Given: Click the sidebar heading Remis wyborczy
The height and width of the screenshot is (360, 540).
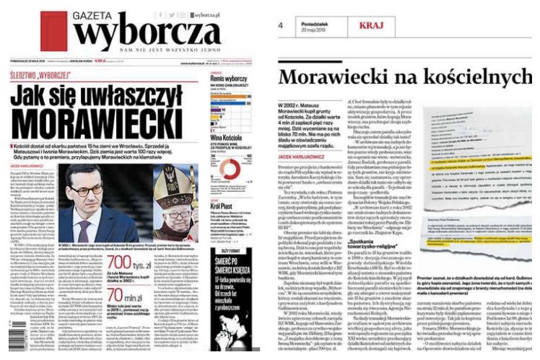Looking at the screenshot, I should pyautogui.click(x=229, y=77).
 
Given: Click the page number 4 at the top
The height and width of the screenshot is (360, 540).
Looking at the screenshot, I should pyautogui.click(x=280, y=26).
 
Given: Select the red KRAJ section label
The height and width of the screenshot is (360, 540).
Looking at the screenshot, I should pyautogui.click(x=374, y=26).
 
